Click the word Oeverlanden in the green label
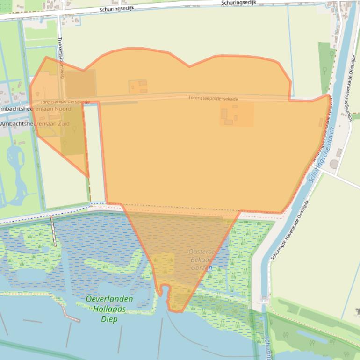109,299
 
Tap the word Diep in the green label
109,319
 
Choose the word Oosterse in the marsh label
202,252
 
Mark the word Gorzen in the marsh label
202,268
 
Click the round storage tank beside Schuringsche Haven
334,164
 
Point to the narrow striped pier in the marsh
54,232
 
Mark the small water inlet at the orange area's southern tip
165,291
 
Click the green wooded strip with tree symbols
327,68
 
